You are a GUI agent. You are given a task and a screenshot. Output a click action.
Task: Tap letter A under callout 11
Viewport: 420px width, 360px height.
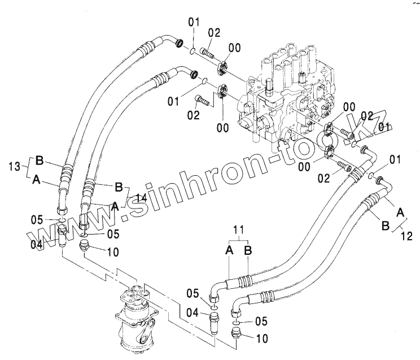(230, 249)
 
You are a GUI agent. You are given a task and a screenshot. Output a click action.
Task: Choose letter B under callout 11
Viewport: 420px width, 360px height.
(248, 249)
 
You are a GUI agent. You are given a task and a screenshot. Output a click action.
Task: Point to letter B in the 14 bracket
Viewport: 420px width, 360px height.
(119, 186)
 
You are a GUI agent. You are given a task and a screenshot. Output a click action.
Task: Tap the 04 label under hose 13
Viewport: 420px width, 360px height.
(37, 244)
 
